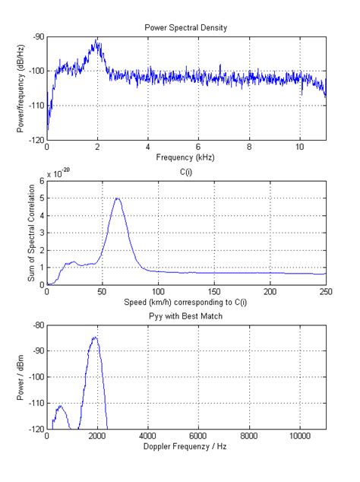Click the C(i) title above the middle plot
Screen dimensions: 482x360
(x=186, y=173)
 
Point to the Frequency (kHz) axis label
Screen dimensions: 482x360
(x=186, y=158)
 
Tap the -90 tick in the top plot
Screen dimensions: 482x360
(x=36, y=36)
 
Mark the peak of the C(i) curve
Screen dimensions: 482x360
(x=117, y=198)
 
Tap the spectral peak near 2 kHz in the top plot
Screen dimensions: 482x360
(x=97, y=40)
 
